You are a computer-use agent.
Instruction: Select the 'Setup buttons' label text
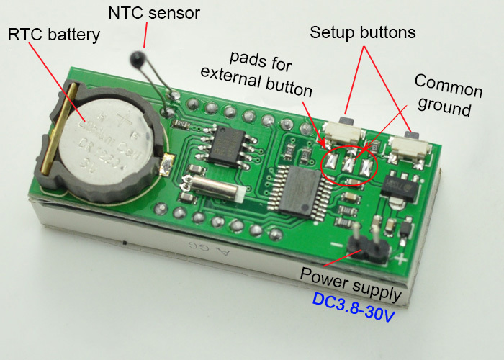[x=363, y=32]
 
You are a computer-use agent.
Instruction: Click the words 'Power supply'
[x=351, y=274]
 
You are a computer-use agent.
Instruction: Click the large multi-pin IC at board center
[x=294, y=188]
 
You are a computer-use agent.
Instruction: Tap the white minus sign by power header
[x=336, y=245]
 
